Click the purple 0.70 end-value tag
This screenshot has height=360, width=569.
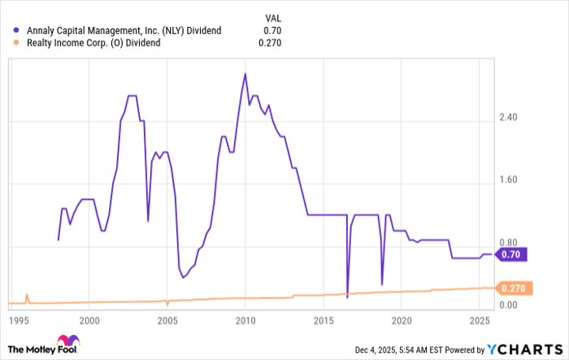pos(512,254)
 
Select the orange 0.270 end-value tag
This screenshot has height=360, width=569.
pos(514,288)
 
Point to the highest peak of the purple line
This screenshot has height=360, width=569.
pos(245,74)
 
